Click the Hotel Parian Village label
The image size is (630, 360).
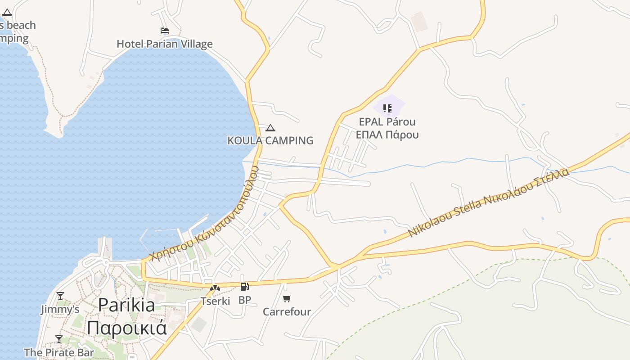(165, 44)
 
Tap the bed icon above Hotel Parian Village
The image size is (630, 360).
(165, 31)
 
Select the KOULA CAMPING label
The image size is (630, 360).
(270, 140)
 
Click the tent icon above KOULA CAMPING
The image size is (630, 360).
(270, 128)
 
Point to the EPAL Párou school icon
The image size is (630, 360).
(387, 108)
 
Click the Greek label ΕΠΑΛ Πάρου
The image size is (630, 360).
(387, 135)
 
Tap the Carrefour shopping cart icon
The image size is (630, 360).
(287, 298)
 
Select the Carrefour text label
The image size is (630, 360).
(287, 312)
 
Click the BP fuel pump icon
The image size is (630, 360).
(245, 287)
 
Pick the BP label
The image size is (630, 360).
(245, 300)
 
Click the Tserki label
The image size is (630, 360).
(215, 301)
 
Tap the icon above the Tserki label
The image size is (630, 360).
(215, 288)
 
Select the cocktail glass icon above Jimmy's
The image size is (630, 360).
(60, 296)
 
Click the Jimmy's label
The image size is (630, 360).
(60, 310)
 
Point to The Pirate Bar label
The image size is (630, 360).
(59, 352)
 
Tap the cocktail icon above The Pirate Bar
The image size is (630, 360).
(59, 339)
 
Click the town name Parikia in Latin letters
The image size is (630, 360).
(126, 305)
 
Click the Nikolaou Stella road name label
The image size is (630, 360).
(488, 203)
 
